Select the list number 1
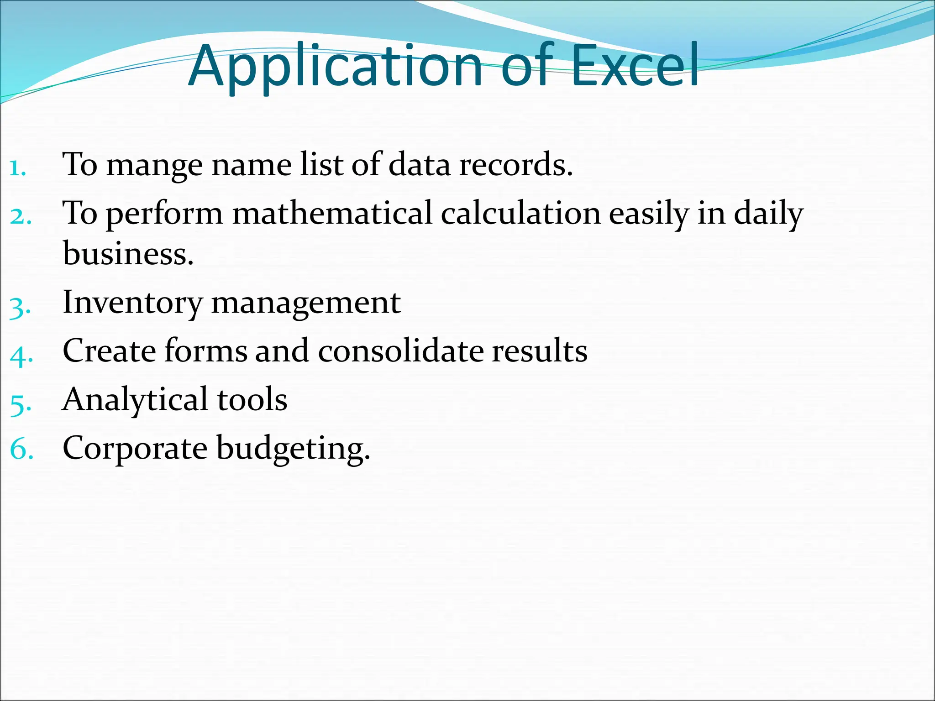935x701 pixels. (x=17, y=168)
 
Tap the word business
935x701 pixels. (x=128, y=254)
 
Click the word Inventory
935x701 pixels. (x=132, y=303)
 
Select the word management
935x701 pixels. (x=306, y=303)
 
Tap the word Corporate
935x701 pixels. (x=135, y=448)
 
